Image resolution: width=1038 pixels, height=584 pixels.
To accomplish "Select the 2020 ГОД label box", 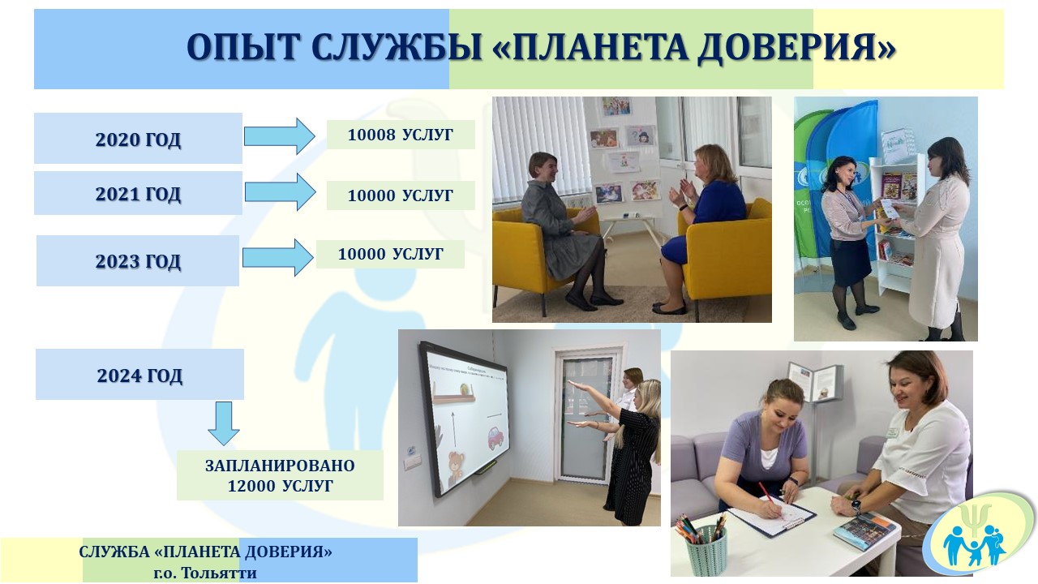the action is [x=138, y=138].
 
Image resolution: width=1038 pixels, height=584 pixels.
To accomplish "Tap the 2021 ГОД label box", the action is [x=138, y=193].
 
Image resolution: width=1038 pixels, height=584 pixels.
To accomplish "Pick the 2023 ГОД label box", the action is [x=138, y=260].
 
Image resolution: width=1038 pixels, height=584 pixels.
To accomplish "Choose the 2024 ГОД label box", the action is [x=139, y=375].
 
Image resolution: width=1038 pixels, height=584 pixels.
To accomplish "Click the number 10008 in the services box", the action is [x=371, y=135].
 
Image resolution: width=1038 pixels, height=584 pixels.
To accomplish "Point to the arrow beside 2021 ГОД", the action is [x=281, y=192].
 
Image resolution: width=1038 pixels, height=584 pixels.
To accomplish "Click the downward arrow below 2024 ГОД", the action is [x=224, y=423].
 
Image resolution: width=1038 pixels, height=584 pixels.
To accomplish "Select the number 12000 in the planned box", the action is [x=252, y=486].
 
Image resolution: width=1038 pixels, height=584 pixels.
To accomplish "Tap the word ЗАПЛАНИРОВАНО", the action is [x=280, y=466].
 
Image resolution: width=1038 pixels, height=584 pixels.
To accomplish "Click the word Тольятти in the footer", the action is [x=218, y=573].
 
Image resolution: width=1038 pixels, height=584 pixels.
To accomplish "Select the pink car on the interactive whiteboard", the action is [x=495, y=439].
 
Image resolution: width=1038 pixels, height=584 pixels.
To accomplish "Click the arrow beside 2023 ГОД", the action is [x=277, y=257].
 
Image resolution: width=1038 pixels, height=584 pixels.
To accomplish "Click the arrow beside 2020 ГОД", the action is [x=280, y=136].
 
